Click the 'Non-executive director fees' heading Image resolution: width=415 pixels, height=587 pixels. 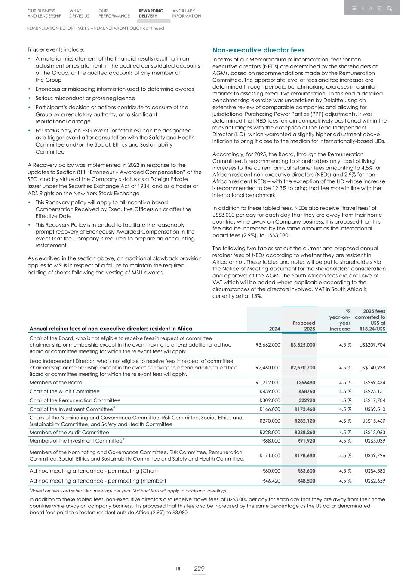[x=258, y=50]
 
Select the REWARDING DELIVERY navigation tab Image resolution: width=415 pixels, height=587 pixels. [x=151, y=14]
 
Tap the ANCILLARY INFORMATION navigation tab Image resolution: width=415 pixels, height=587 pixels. [x=186, y=14]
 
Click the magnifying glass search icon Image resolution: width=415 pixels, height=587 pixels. [x=390, y=8]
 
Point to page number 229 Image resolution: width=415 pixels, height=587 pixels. [x=199, y=569]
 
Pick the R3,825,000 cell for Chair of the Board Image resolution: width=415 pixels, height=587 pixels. [x=303, y=345]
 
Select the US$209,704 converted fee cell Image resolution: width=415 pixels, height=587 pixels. [x=372, y=345]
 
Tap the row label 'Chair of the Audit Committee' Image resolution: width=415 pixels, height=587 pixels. [x=65, y=391]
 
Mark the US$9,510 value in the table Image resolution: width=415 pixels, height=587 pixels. [x=375, y=409]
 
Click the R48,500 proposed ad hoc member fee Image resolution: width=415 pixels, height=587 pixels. [x=306, y=481]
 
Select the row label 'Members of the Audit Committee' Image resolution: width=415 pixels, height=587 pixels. [x=69, y=432]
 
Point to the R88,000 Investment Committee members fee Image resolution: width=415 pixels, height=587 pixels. [x=271, y=441]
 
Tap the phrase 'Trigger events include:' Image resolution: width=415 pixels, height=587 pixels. [x=56, y=49]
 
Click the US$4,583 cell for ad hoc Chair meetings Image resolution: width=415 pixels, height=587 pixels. [x=375, y=471]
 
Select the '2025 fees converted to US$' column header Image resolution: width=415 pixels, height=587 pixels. [x=374, y=320]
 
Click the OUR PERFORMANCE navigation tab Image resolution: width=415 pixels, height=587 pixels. [x=114, y=14]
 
